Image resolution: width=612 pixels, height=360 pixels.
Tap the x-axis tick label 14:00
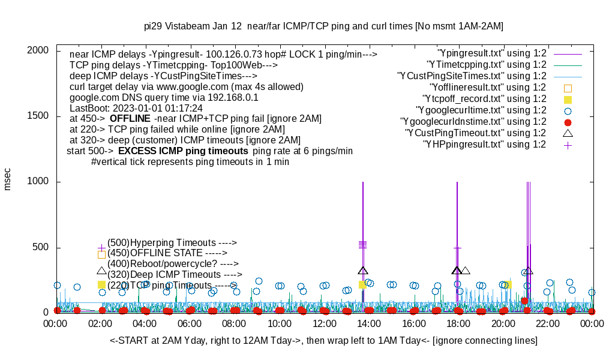(x=368, y=323)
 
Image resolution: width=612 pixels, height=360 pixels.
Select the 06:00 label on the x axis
(x=190, y=323)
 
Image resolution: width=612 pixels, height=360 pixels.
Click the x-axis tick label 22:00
(x=547, y=323)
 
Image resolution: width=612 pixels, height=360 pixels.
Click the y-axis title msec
(x=8, y=179)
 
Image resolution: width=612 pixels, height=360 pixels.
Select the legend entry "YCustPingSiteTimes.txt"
(x=472, y=76)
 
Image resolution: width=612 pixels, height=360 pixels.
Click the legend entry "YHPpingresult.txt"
(x=484, y=144)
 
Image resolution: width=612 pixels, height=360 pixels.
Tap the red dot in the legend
(x=568, y=122)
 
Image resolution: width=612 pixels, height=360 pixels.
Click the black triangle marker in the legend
(x=568, y=133)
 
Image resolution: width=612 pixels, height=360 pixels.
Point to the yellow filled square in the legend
(x=568, y=99)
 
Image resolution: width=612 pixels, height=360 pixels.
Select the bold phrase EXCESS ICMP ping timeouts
(x=183, y=151)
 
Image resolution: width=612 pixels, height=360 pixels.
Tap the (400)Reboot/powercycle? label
(x=173, y=263)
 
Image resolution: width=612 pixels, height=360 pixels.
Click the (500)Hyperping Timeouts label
(x=172, y=242)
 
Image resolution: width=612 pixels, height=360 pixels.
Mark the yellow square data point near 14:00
(x=362, y=284)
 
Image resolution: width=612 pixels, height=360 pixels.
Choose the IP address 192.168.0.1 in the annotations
(x=232, y=97)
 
